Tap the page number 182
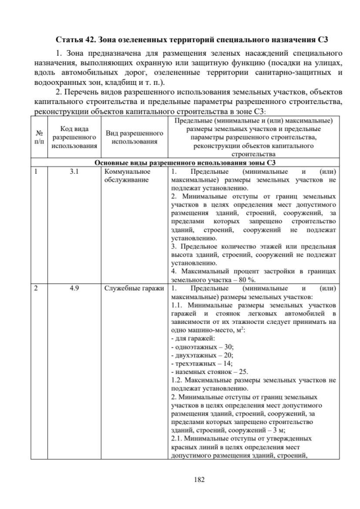tap(183, 479)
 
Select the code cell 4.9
tap(74, 289)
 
